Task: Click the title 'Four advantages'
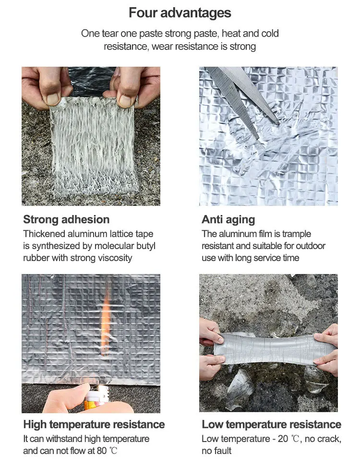[180, 13]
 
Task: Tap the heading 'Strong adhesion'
[66, 219]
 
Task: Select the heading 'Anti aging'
[228, 220]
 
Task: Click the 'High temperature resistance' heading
[94, 424]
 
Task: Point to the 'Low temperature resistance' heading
[271, 424]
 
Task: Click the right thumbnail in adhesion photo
[125, 100]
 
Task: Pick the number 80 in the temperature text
[102, 451]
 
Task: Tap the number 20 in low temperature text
[283, 439]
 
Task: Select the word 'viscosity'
[115, 258]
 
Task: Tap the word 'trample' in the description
[296, 234]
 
